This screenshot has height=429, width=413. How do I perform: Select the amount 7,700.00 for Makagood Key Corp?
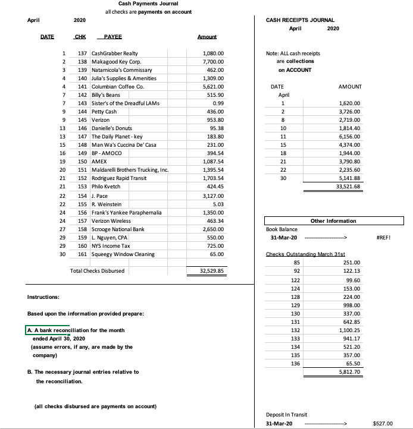tap(213, 62)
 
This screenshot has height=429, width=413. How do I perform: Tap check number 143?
tap(83, 103)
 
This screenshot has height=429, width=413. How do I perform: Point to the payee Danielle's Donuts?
tap(110, 128)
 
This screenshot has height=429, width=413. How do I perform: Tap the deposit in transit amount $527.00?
tap(381, 424)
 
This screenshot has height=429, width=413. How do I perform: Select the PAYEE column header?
tap(112, 37)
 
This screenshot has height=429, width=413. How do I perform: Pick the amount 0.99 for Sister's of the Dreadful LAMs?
tap(217, 103)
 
